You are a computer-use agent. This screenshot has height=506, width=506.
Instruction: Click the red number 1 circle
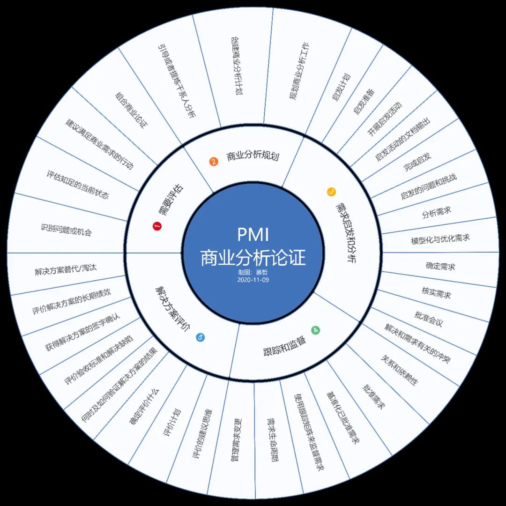pos(157,226)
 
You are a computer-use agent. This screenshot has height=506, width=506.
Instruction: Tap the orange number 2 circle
pos(214,162)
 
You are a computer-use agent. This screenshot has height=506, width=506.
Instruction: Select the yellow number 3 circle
pos(331,192)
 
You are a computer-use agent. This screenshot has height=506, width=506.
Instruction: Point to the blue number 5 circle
pos(201,337)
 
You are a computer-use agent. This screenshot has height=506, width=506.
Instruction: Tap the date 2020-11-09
pos(253,279)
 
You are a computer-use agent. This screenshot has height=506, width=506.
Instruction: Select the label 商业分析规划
pos(253,156)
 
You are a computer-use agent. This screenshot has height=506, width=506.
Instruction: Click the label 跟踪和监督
pos(284,346)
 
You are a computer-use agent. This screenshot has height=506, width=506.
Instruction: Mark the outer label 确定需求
pos(440,266)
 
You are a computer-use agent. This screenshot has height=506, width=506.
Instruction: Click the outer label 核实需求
pos(436,294)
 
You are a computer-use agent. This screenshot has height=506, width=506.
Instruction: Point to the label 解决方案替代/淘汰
pos(66,270)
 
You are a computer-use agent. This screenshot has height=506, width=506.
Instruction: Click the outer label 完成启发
pos(417,162)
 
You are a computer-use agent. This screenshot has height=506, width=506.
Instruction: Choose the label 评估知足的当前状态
pos(78,185)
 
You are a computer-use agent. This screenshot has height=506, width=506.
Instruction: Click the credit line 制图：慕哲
pos(253,272)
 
